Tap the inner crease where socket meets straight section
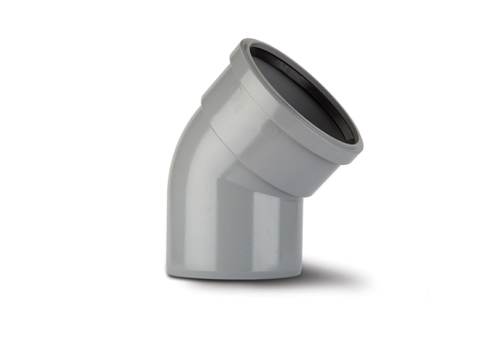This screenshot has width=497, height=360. [x=266, y=191]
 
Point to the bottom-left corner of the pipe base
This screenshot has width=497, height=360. [x=167, y=270]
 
